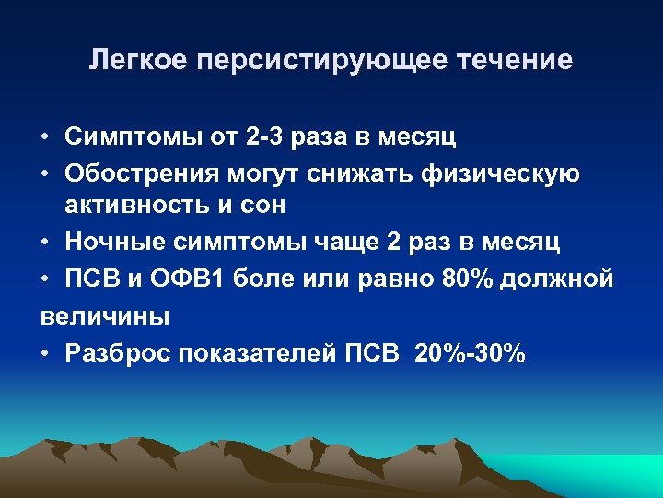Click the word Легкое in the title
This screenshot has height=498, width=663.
point(137,61)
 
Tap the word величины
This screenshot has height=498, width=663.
point(105,316)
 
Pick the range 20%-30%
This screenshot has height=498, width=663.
point(470,352)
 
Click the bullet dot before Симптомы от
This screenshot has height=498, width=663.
point(45,139)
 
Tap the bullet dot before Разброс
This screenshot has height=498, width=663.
point(45,353)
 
